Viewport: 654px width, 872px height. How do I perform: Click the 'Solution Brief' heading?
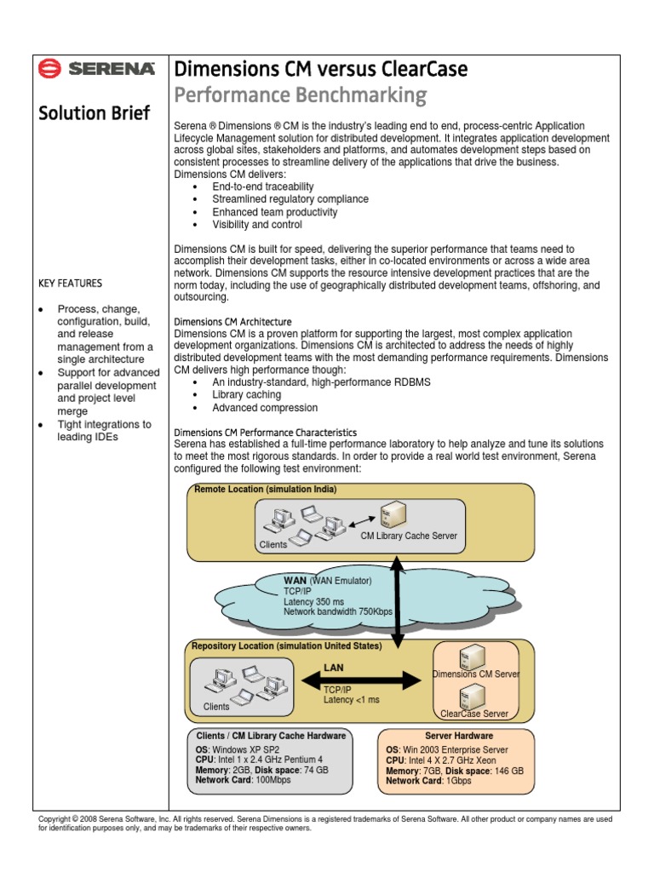pos(95,113)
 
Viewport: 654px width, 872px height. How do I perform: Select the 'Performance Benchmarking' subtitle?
pos(300,95)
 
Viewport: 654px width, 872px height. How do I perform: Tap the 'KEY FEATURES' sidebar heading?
pos(71,283)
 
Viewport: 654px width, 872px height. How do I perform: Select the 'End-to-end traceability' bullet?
pos(263,186)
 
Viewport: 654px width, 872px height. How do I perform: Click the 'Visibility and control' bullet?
pos(257,225)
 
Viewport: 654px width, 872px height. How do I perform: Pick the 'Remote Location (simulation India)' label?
pos(265,490)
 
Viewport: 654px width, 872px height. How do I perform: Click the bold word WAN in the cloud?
pos(294,581)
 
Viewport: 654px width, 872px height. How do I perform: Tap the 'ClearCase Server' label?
pos(474,714)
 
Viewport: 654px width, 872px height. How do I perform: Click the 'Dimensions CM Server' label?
pos(476,674)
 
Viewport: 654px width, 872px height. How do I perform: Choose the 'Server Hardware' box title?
pos(459,736)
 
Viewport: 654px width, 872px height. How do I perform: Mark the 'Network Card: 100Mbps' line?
pos(243,780)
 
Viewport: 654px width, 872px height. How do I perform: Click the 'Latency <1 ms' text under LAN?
pos(351,700)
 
